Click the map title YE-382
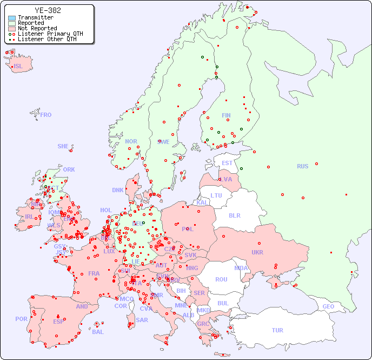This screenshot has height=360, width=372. point(48,10)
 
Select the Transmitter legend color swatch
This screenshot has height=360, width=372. point(12,18)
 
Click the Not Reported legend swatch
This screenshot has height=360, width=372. point(12,29)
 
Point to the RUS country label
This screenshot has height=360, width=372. point(302,166)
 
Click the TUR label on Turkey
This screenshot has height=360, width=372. point(277,330)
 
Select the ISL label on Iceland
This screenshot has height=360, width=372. point(18,67)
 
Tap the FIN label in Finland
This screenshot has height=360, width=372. point(226,115)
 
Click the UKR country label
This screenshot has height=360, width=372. point(257,252)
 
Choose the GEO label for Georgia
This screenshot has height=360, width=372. point(328,306)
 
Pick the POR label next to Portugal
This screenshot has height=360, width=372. point(21,319)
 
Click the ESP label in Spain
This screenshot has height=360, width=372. point(58,321)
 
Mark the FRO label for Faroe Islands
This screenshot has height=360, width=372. point(46,115)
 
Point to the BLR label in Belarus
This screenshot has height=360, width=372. point(234,215)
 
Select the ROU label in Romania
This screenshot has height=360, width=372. point(221,279)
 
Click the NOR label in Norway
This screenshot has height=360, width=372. point(131,141)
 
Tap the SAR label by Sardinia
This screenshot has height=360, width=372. point(142,320)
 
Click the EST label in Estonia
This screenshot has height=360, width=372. point(227,163)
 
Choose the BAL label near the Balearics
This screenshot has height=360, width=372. point(98,332)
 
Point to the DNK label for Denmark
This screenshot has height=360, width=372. point(118,190)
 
